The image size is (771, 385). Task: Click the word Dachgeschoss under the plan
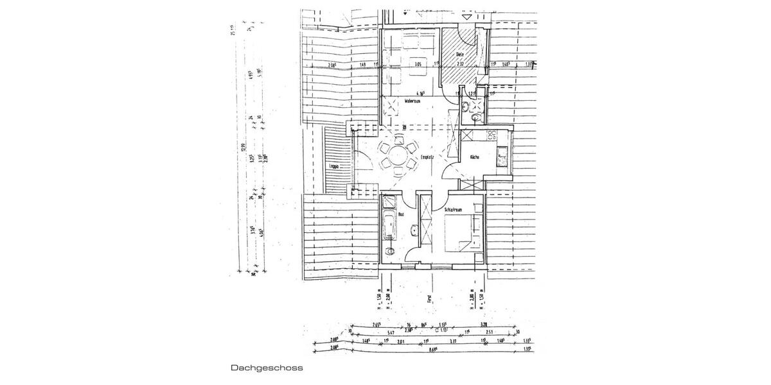[267, 369]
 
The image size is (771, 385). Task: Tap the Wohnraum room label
[412, 101]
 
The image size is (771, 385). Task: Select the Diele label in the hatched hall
[460, 54]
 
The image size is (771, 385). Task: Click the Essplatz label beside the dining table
[429, 157]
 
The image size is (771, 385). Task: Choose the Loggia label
[333, 166]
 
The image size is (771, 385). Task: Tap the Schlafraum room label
[454, 210]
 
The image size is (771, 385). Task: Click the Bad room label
[401, 214]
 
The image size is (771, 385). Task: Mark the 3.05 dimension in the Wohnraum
[418, 64]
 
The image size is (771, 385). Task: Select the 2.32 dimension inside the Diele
[460, 64]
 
